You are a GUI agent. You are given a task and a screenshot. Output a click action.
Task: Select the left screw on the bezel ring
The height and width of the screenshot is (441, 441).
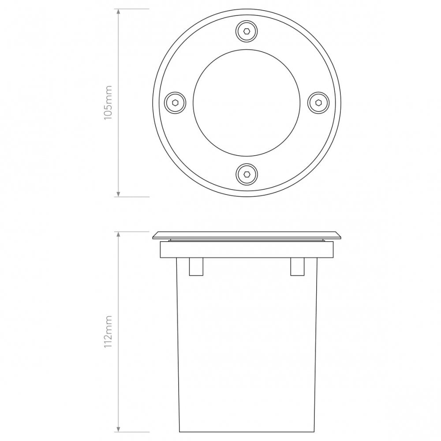tap(175, 102)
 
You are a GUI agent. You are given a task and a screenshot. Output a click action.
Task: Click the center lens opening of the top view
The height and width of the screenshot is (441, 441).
tap(246, 102)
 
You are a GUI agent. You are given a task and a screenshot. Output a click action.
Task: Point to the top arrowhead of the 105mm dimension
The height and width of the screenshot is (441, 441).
tap(118, 12)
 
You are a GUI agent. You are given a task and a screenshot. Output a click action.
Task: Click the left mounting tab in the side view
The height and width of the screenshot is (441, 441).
tap(196, 266)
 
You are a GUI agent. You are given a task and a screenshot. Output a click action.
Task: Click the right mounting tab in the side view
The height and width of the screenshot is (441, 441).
tap(297, 266)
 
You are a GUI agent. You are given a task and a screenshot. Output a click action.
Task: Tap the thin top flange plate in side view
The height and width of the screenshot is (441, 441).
tap(247, 235)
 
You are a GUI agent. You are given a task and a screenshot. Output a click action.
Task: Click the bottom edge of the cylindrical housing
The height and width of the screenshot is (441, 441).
tap(247, 431)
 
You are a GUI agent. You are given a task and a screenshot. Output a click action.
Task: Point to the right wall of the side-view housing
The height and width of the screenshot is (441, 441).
tap(316, 344)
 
